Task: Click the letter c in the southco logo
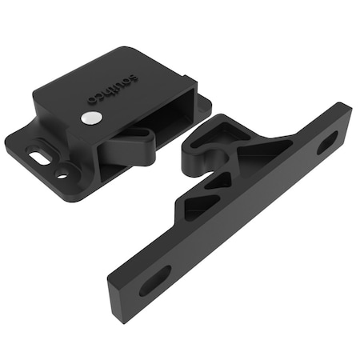tap(100, 98)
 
